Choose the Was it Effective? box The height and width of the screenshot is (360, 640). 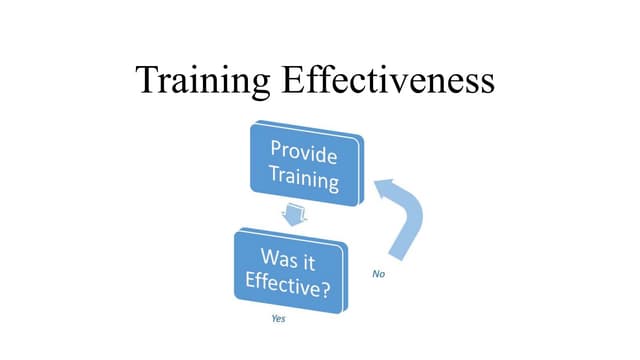click(293, 267)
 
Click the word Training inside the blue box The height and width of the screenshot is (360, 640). click(304, 181)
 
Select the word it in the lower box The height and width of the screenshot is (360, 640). click(320, 256)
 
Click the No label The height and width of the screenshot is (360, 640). click(378, 274)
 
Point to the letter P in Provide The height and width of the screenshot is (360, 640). click(277, 152)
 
